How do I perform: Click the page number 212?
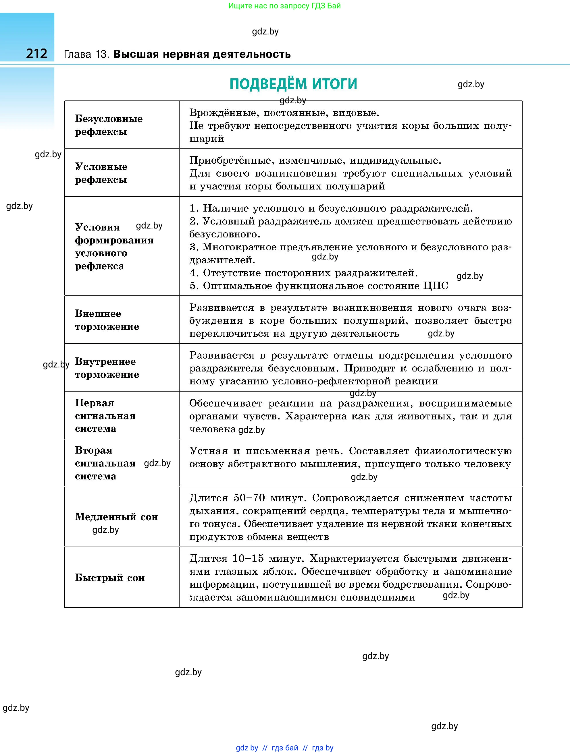point(36,54)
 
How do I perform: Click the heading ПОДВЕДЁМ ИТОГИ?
point(293,84)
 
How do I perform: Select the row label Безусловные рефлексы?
point(109,125)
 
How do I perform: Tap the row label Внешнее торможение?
point(107,320)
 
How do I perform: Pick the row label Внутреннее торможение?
point(107,368)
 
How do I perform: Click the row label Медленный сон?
point(116,517)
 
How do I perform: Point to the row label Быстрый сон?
point(110,578)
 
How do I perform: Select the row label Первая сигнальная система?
point(105,415)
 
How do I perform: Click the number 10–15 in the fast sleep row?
point(248,558)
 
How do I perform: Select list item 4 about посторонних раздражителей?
point(304,273)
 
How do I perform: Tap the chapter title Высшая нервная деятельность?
point(202,54)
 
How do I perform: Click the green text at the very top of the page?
point(284,6)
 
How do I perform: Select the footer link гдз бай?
point(285,748)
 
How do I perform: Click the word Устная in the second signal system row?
point(208,451)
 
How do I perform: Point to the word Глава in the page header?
point(78,54)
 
